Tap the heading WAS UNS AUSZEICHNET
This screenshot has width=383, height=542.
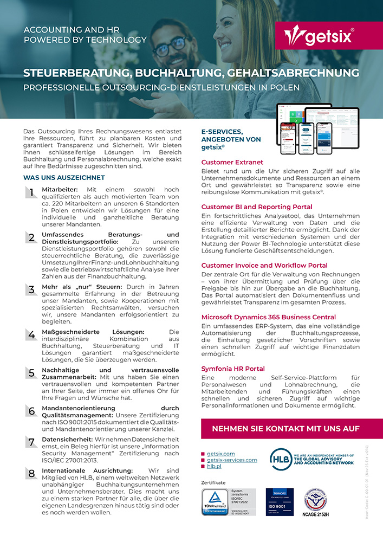(64, 177)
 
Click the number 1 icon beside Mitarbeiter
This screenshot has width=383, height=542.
(31, 192)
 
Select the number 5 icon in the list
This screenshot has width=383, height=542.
(31, 372)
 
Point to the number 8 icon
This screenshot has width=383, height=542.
(31, 473)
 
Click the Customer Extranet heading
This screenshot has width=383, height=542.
(232, 162)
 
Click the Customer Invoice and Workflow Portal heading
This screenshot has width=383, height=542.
(264, 265)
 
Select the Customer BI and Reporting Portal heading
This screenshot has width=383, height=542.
(257, 207)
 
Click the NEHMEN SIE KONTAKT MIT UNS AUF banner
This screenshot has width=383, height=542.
(291, 429)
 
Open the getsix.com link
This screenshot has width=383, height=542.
(220, 453)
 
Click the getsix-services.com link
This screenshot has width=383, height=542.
(232, 460)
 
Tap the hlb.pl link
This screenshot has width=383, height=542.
(214, 466)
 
